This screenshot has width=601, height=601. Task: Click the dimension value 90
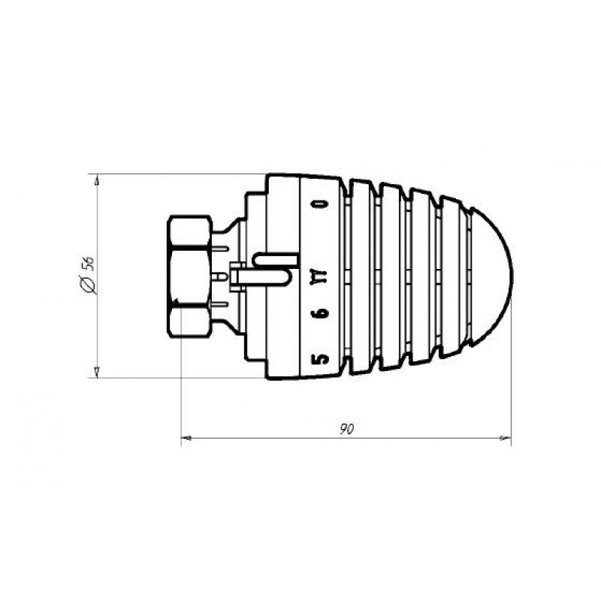point(346,429)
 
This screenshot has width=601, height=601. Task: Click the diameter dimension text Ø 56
point(88,275)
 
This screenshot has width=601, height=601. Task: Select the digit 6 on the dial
point(320,313)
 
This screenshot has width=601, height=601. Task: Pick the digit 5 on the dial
point(320,359)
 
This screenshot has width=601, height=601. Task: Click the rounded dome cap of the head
point(491,276)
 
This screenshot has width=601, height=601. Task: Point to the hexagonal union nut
point(189,276)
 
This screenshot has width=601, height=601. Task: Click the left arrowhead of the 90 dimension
point(186,438)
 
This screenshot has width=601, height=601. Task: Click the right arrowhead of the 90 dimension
point(506,438)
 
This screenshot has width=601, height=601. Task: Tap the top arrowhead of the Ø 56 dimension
point(97,180)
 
